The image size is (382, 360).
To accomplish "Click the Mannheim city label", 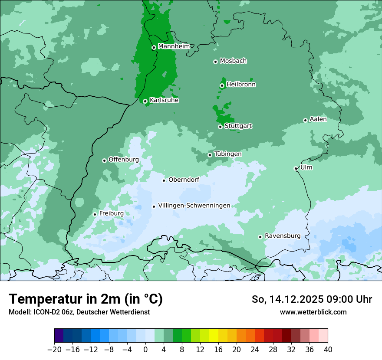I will [x=174, y=46].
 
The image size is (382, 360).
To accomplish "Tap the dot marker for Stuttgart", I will [x=220, y=127].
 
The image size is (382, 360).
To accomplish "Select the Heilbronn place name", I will [x=241, y=85].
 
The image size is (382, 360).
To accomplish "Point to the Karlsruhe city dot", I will [x=145, y=101].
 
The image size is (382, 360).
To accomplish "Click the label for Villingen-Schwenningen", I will [x=194, y=206].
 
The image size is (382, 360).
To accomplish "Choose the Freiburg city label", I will [x=111, y=213].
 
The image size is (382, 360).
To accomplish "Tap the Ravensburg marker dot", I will [x=260, y=237].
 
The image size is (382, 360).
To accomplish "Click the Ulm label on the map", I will [x=306, y=167].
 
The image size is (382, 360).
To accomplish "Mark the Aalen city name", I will [x=318, y=119].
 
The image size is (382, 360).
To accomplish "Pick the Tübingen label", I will [x=228, y=154].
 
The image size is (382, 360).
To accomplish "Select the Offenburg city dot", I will [x=104, y=160].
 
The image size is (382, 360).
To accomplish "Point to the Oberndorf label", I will [x=184, y=180].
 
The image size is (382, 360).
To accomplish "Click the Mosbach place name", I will [x=233, y=61].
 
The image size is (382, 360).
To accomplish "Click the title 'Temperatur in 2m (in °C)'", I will [x=86, y=299].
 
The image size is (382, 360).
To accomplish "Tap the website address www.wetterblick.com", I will [x=313, y=312].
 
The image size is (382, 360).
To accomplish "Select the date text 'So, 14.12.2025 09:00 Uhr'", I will [x=312, y=299].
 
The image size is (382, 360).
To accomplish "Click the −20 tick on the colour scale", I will [x=54, y=350].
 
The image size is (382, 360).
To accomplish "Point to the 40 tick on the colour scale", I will [x=328, y=350].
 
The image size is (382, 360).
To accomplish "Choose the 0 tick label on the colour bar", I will [x=145, y=350].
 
